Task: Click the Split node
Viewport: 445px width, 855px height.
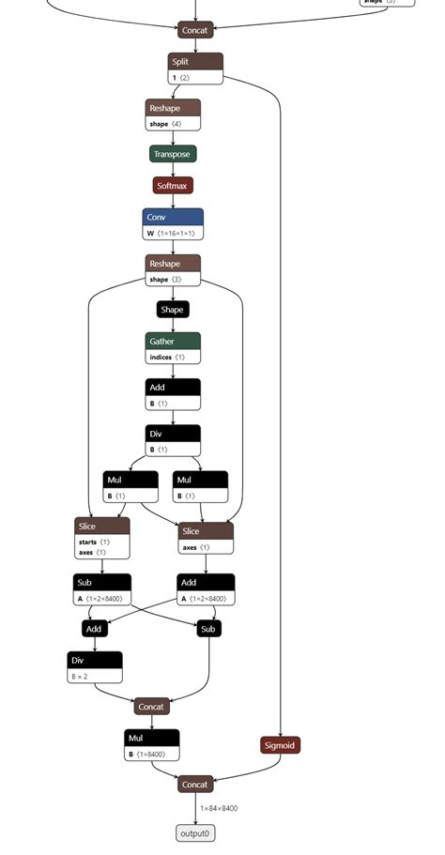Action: [x=195, y=62]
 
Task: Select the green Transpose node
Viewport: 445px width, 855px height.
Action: [x=172, y=154]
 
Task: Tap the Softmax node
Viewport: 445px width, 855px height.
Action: [x=173, y=186]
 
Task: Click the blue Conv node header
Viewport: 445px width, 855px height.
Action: [x=173, y=217]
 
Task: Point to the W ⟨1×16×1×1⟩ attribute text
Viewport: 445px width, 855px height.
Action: [x=173, y=233]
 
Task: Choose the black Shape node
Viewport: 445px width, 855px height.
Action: [x=173, y=309]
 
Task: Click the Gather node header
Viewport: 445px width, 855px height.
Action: [x=173, y=341]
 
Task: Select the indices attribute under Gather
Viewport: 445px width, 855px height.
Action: [x=173, y=357]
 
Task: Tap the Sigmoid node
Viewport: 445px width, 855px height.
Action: [x=280, y=745]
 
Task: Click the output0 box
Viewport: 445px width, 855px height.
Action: [x=195, y=832]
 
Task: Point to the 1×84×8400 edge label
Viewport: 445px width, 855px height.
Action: [x=218, y=808]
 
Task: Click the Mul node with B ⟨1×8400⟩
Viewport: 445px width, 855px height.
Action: [x=151, y=745]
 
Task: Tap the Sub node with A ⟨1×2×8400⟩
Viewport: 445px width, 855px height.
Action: [x=102, y=589]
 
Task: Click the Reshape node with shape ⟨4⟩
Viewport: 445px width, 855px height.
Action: [x=174, y=115]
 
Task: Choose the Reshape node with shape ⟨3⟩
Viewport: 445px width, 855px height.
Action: [x=173, y=270]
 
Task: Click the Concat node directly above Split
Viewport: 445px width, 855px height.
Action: [x=195, y=30]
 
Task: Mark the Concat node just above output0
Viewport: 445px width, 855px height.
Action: [x=195, y=784]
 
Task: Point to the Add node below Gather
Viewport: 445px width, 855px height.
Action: [x=173, y=394]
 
